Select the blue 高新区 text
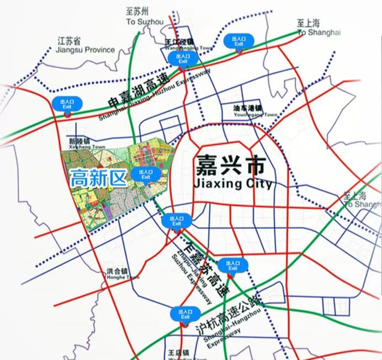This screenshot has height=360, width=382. tap(98, 177)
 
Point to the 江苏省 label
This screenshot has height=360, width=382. tap(70, 41)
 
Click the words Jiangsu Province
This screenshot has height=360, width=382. tap(85, 50)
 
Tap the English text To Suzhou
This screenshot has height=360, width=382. tap(145, 22)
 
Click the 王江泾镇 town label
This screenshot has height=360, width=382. tap(179, 42)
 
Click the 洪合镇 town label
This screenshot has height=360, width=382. tap(117, 271)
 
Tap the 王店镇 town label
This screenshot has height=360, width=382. tap(178, 352)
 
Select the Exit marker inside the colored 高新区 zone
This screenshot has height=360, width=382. tap(146, 174)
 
